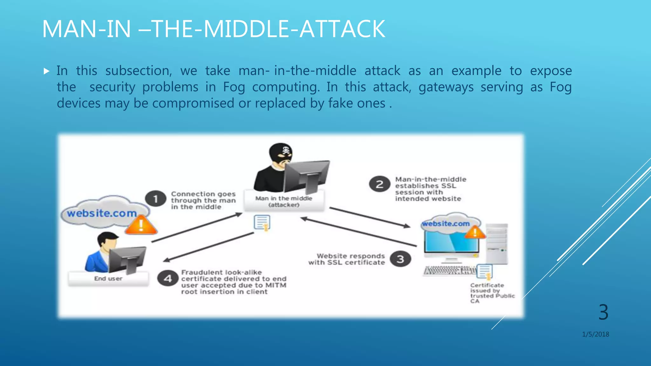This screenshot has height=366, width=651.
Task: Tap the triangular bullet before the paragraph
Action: coord(47,71)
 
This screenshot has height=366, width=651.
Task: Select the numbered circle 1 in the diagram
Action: coord(156,199)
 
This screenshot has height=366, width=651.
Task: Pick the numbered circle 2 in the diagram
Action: coord(380,184)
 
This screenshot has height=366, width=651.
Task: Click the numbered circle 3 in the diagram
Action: coord(400,259)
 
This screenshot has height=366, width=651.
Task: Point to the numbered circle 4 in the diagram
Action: coord(168,279)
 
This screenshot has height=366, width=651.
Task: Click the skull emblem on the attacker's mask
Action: coord(286,150)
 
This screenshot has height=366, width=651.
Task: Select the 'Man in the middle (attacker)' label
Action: coord(284,201)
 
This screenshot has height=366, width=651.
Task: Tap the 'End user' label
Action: coord(108,279)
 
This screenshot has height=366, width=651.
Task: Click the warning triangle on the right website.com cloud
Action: coord(475,233)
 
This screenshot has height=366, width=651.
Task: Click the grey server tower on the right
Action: coord(497,244)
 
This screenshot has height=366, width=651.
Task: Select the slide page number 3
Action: coord(603,312)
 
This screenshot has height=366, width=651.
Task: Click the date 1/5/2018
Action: coord(595,334)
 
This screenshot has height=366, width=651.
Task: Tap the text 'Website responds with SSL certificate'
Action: coord(346,259)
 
